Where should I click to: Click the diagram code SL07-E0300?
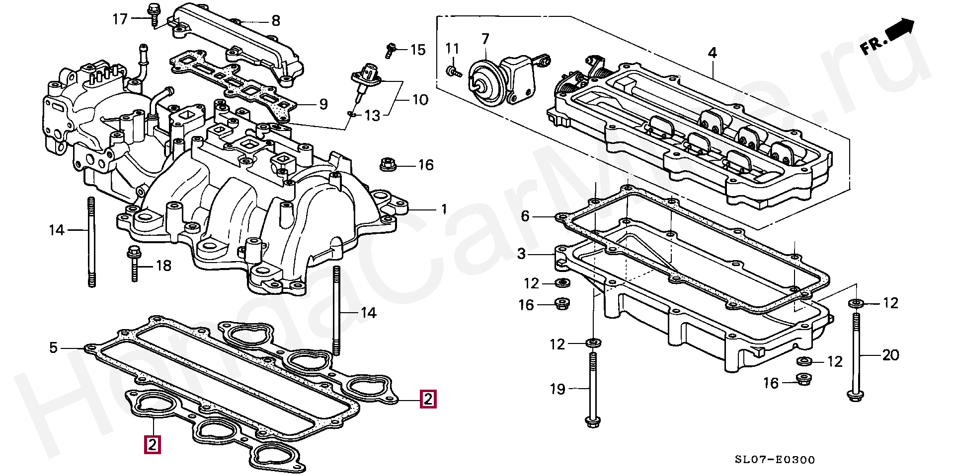click(775, 460)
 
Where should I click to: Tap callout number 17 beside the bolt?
click(120, 19)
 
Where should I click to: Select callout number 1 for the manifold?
click(444, 209)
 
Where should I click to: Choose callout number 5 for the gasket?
click(54, 348)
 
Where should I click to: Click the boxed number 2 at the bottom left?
click(152, 444)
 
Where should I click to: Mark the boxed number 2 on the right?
click(428, 399)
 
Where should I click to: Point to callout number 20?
click(890, 355)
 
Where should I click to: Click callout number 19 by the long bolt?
click(557, 389)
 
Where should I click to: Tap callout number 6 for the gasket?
click(525, 216)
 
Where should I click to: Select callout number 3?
click(521, 254)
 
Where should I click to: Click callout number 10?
click(420, 100)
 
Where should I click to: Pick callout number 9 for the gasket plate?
click(323, 104)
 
